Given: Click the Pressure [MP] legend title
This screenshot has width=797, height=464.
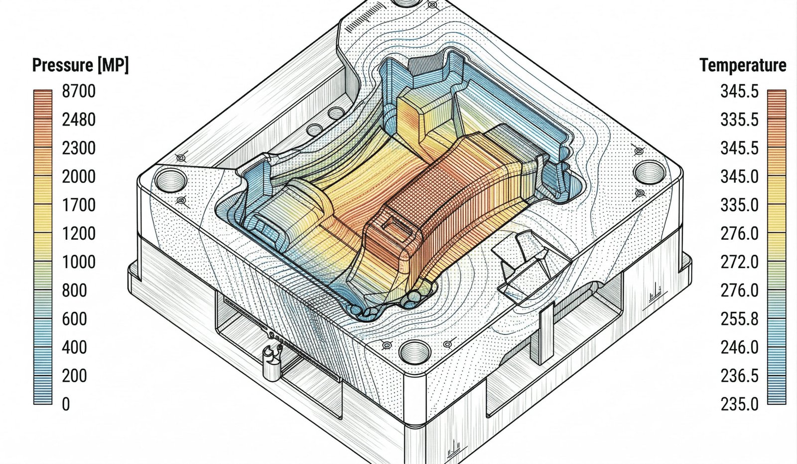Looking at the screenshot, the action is pyautogui.click(x=80, y=65).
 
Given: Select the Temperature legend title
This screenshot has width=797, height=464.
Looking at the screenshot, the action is pyautogui.click(x=743, y=65).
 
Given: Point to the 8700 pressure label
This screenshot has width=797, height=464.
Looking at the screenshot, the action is pyautogui.click(x=79, y=91).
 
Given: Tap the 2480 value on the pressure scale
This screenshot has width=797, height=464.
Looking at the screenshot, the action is pyautogui.click(x=79, y=120).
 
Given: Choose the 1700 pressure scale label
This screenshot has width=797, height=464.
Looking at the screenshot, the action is pyautogui.click(x=79, y=205).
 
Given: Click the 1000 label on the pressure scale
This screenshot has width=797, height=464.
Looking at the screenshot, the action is pyautogui.click(x=79, y=262).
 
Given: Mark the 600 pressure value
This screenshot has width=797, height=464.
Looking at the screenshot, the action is pyautogui.click(x=74, y=318).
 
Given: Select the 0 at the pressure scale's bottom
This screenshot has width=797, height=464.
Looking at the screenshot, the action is pyautogui.click(x=66, y=404).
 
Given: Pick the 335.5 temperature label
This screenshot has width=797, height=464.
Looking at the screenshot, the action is pyautogui.click(x=740, y=120).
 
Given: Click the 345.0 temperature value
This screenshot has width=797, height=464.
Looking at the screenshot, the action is pyautogui.click(x=740, y=176).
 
